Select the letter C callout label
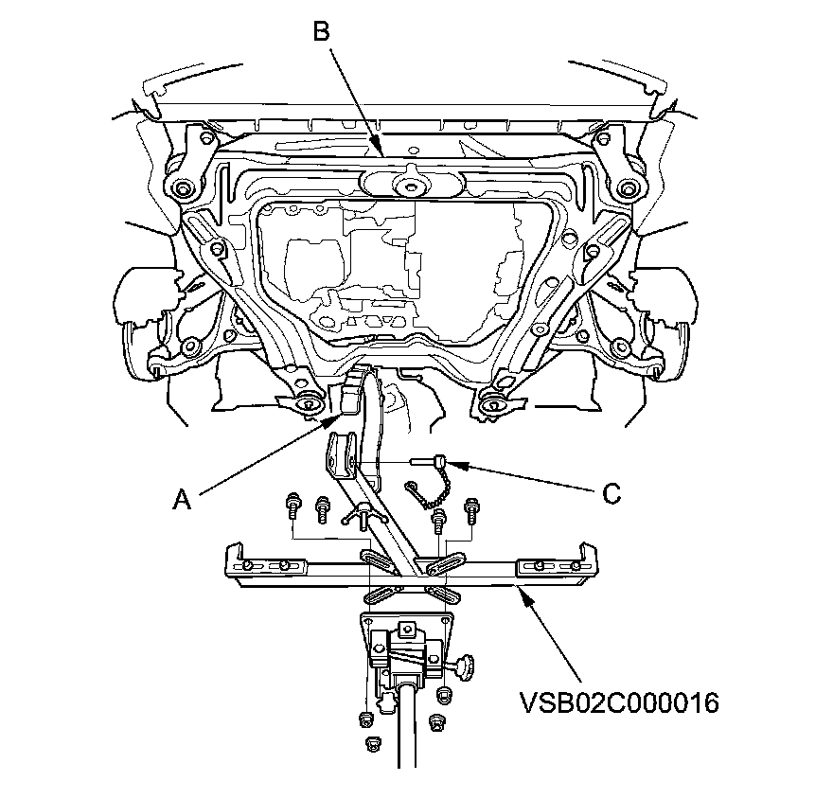611,492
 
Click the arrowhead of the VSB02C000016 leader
517,589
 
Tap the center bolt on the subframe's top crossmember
410,183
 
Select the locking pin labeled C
431,461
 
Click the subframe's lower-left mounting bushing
308,405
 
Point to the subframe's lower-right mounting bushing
490,406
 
